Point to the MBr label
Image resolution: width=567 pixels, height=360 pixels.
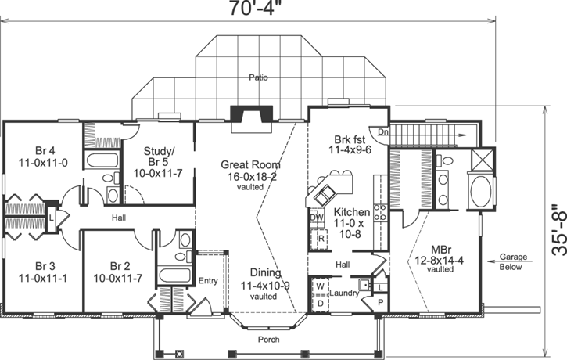(444, 262)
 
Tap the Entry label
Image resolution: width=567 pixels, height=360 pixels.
(207, 279)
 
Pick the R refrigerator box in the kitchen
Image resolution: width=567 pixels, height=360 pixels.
(321, 237)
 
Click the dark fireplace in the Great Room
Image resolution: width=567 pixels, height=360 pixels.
(254, 117)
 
